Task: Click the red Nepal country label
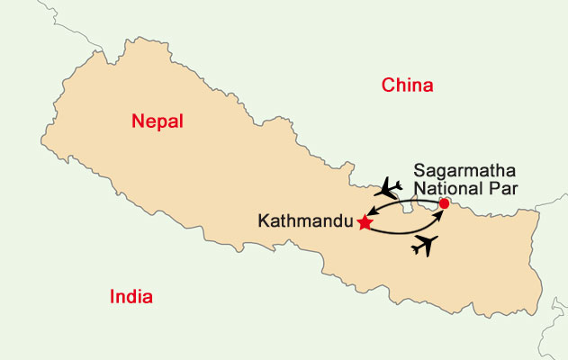[157, 121]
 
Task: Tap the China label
[408, 85]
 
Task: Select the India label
[131, 297]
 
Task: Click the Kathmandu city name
[305, 220]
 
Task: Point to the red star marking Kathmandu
[365, 222]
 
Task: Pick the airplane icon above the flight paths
[390, 188]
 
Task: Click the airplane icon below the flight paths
[425, 243]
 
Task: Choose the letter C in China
[388, 85]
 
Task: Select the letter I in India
[112, 297]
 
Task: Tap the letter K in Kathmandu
[263, 220]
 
